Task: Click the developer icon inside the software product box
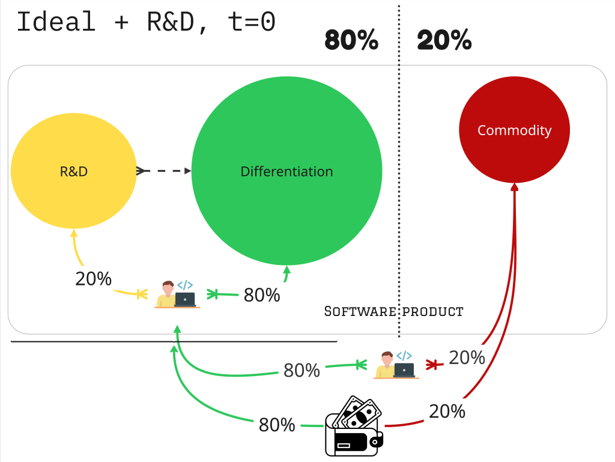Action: click(x=177, y=294)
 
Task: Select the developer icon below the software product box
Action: click(x=396, y=365)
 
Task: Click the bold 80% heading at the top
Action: click(x=351, y=41)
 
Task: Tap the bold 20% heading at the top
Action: click(x=444, y=41)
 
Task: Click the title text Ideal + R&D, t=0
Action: click(x=146, y=22)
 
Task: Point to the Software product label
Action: click(x=393, y=311)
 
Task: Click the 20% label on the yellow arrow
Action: click(x=93, y=279)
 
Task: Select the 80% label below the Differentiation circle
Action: click(x=262, y=295)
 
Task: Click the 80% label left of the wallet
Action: click(x=277, y=425)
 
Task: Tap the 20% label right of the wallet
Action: click(x=447, y=412)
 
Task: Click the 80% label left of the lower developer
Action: click(x=301, y=371)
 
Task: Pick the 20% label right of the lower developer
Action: click(x=467, y=357)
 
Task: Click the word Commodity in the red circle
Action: click(x=514, y=130)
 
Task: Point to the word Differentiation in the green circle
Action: click(x=286, y=171)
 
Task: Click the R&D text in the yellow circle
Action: click(x=74, y=171)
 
